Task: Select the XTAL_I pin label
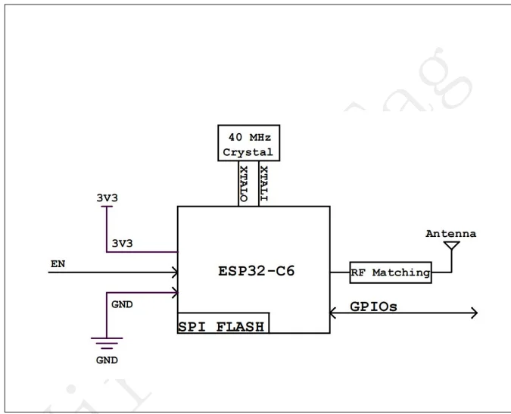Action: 263,182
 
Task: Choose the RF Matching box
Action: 391,272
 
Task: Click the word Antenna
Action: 450,234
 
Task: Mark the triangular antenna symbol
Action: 451,246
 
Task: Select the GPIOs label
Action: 373,307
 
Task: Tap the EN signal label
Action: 58,263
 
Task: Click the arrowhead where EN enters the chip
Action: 174,272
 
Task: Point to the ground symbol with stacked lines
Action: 107,343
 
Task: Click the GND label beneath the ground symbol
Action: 107,360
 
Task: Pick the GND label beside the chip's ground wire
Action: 121,304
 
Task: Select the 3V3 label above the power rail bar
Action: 107,198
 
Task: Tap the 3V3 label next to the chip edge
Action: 123,244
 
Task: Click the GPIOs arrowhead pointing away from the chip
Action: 473,313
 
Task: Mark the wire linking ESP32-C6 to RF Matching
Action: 340,272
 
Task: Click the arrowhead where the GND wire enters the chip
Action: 174,292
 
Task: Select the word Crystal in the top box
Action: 248,152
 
